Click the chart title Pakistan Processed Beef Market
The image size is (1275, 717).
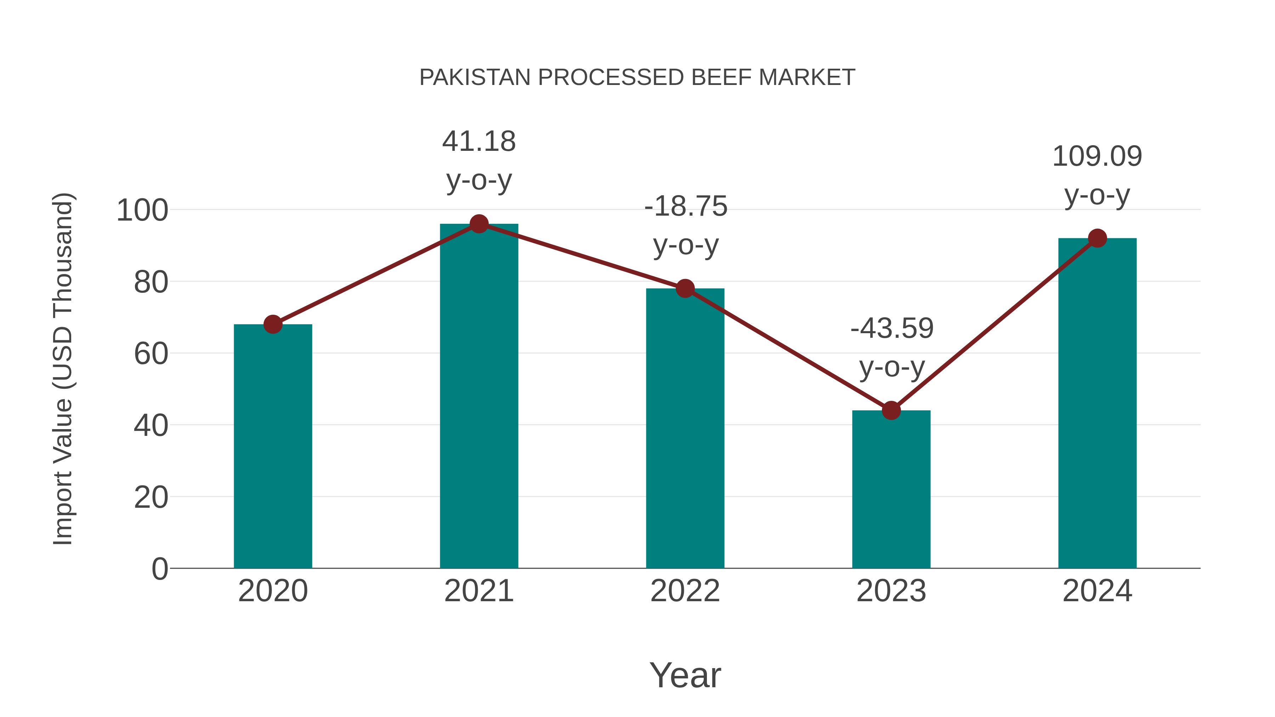[637, 78]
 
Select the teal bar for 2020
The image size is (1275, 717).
[273, 445]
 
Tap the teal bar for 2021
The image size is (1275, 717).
[478, 396]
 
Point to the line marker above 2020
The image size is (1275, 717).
[273, 325]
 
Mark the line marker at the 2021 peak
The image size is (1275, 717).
[478, 224]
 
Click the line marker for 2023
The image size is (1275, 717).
[891, 410]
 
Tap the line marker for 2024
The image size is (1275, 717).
[1097, 239]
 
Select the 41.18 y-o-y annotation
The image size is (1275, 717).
[478, 160]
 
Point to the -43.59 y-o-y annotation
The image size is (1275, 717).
[891, 347]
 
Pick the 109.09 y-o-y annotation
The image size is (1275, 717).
[1097, 175]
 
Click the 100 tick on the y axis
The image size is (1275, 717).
[142, 210]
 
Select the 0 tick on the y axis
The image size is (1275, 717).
[159, 569]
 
